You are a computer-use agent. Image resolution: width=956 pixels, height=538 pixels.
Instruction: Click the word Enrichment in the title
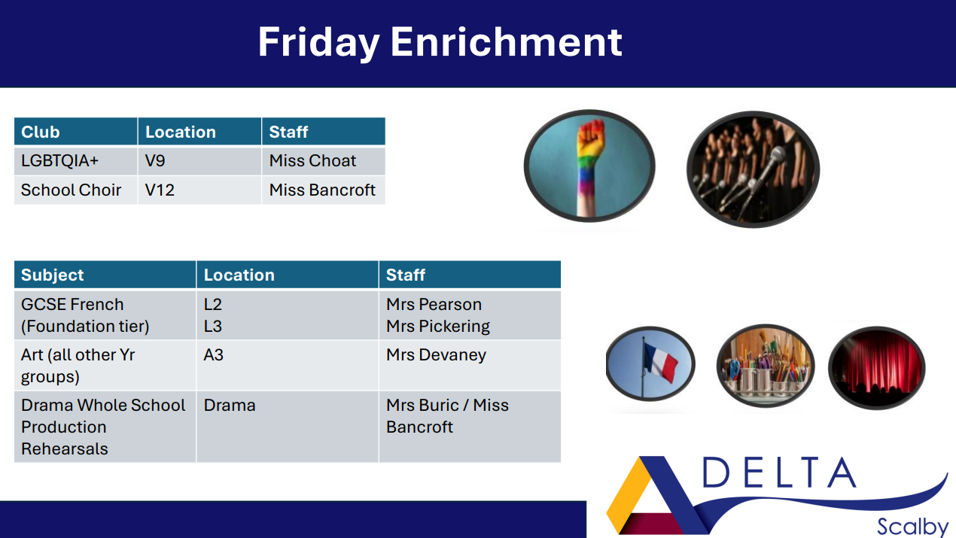[x=507, y=42]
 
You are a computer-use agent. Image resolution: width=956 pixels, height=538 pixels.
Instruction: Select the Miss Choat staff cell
[x=323, y=161]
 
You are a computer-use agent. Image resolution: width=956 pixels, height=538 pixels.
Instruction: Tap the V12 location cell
[x=199, y=190]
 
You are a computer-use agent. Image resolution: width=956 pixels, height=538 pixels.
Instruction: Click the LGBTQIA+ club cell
[x=75, y=161]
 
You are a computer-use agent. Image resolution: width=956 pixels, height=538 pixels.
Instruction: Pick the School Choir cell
[x=75, y=190]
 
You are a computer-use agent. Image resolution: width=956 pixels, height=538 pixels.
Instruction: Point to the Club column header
[x=75, y=132]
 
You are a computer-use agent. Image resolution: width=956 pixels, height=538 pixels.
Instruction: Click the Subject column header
[x=105, y=275]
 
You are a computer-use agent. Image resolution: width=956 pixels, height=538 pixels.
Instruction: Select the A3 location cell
[x=288, y=365]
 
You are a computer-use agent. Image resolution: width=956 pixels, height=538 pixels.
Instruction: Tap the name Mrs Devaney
[x=436, y=355]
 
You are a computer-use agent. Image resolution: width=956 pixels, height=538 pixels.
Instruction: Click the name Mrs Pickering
[x=438, y=327]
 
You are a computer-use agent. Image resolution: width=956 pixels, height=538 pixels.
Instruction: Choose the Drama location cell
[x=288, y=427]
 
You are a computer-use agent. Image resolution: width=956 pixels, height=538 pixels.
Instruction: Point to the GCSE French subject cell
[x=105, y=315]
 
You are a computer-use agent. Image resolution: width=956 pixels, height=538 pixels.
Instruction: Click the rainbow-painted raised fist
[x=590, y=167]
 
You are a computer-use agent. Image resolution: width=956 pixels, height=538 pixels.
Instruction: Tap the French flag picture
[x=650, y=364]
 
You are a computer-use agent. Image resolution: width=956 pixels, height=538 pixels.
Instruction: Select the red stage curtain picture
[x=877, y=367]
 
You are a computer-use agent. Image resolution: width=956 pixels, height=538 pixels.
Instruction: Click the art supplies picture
[x=766, y=366]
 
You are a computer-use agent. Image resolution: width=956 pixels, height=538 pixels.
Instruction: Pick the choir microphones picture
[x=754, y=169]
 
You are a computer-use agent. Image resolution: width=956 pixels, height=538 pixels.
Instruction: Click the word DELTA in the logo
[x=779, y=473]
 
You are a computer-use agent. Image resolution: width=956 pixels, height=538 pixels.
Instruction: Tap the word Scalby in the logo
[x=912, y=527]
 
